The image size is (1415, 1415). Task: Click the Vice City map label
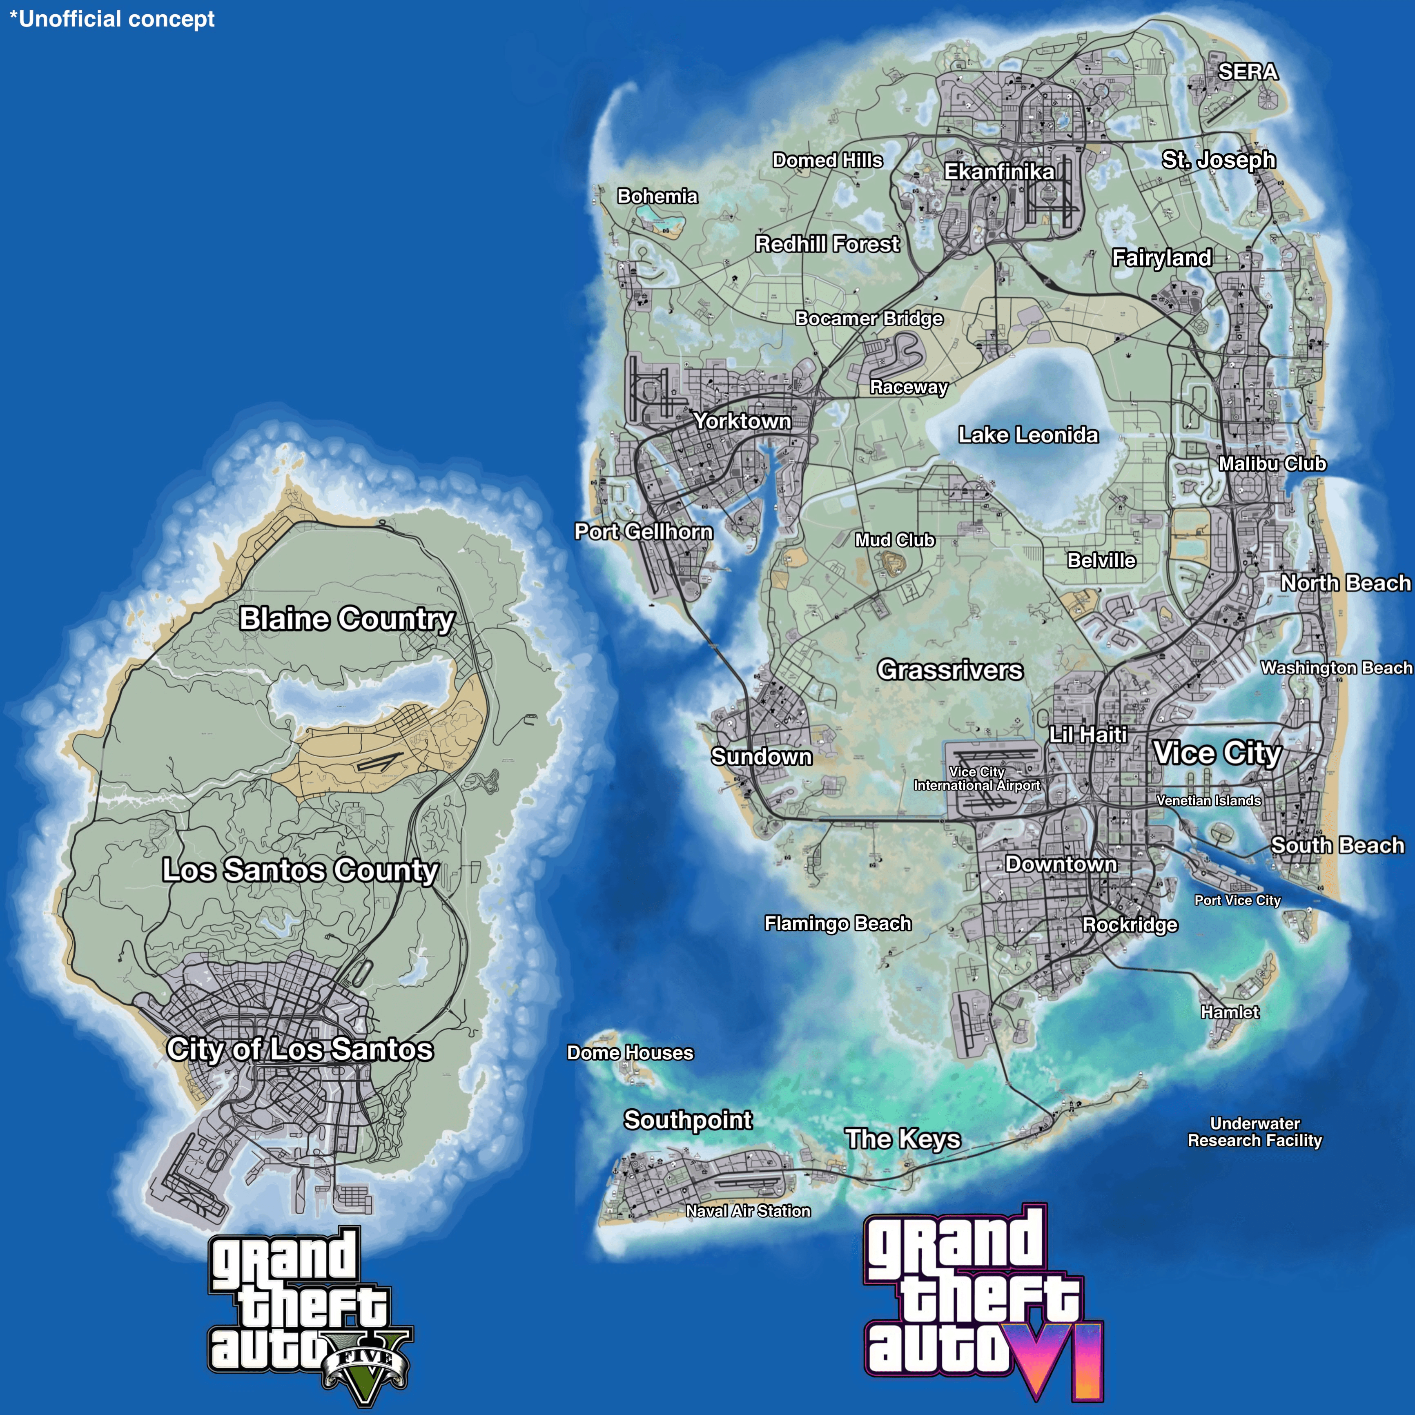(1217, 753)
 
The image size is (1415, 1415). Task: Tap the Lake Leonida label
(1028, 435)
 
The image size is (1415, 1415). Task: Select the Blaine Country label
(347, 619)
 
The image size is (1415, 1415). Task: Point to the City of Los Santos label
(300, 1049)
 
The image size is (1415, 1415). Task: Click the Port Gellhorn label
(643, 532)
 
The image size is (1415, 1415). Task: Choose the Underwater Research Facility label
(1255, 1132)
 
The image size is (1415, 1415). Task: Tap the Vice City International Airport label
(976, 778)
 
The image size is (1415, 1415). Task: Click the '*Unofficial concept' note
(112, 19)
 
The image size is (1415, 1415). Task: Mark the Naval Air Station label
(748, 1211)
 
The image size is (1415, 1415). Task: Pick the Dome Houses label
(630, 1052)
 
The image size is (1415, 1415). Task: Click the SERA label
(1247, 72)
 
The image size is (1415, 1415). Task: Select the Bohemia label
(657, 196)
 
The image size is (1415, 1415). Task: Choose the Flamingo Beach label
(838, 924)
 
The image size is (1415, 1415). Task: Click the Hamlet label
(1230, 1012)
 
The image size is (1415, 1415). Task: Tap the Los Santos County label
(300, 870)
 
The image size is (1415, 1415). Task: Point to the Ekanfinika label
(999, 172)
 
